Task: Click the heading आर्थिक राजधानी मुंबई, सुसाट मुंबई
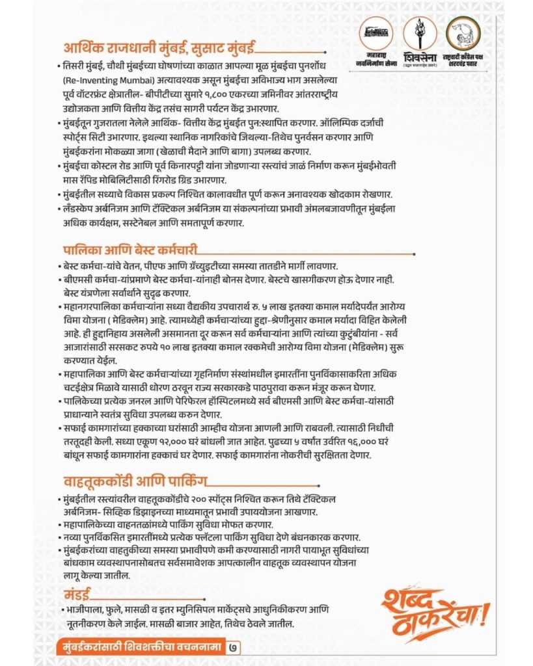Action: pyautogui.click(x=159, y=49)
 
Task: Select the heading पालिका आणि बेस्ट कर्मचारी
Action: pyautogui.click(x=130, y=250)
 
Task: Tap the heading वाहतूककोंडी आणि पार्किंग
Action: pyautogui.click(x=135, y=482)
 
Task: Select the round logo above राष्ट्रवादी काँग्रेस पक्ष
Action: pyautogui.click(x=463, y=32)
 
